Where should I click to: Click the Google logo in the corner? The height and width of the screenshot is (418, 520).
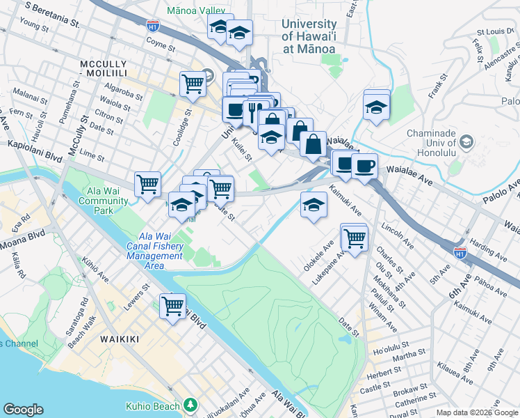coord(23,410)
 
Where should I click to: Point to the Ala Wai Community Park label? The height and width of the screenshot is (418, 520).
coord(104,201)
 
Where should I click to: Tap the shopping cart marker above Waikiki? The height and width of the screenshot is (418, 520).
coord(172,305)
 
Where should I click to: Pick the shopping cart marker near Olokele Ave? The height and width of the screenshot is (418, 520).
coord(355,237)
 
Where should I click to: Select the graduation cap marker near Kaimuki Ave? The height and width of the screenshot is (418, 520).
coord(314,205)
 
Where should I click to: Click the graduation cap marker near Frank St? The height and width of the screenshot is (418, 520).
coord(376,107)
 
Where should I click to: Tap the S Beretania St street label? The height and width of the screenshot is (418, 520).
coord(51,13)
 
